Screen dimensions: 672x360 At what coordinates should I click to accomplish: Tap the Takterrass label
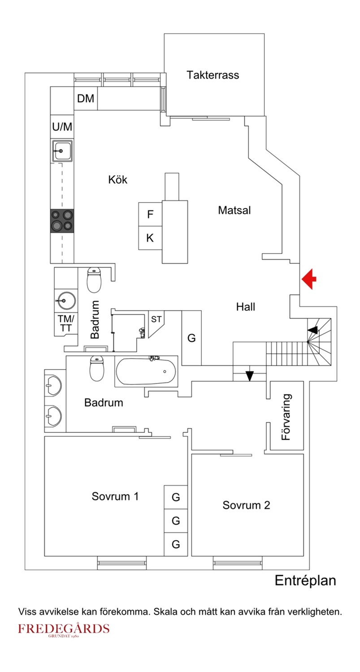[x=213, y=75]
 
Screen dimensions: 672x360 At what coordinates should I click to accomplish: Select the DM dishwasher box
[x=86, y=99]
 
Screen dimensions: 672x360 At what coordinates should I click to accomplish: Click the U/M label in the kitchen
[x=62, y=127]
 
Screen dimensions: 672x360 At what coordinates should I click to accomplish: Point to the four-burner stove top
[x=62, y=220]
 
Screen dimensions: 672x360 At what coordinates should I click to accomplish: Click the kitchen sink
[x=62, y=151]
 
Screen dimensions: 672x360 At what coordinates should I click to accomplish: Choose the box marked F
[x=150, y=214]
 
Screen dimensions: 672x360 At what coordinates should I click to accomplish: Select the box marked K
[x=150, y=238]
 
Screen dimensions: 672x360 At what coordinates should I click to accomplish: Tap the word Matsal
[x=234, y=210]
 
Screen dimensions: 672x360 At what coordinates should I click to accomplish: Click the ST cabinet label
[x=156, y=319]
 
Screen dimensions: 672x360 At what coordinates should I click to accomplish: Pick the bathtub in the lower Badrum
[x=146, y=371]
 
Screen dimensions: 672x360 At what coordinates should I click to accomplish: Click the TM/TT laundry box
[x=65, y=323]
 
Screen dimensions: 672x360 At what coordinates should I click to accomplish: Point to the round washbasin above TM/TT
[x=65, y=300]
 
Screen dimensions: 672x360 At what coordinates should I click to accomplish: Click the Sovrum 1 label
[x=115, y=496]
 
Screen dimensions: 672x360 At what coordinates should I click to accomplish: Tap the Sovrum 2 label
[x=246, y=505]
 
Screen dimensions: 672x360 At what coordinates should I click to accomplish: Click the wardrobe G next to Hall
[x=191, y=338]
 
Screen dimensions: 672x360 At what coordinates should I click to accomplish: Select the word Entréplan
[x=305, y=581]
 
